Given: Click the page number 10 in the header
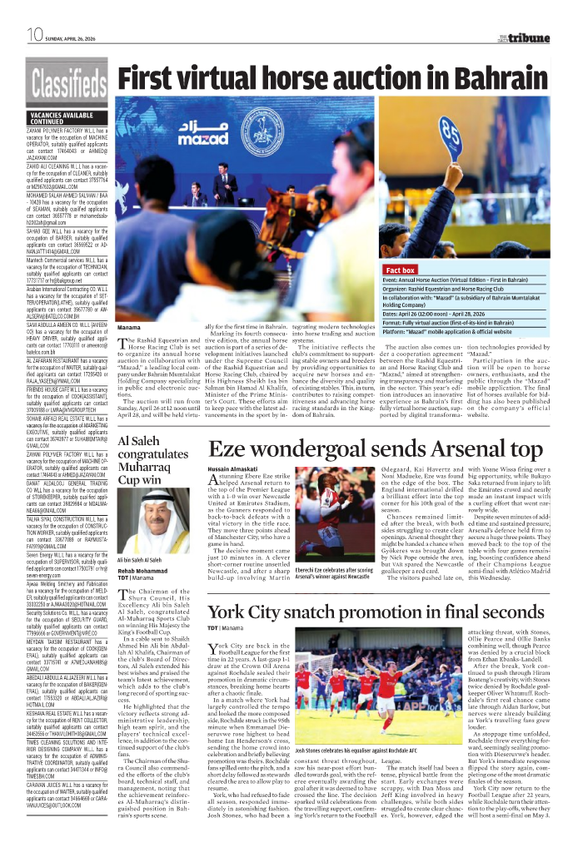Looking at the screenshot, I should click(34, 35).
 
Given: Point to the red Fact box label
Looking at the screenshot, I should click(400, 270).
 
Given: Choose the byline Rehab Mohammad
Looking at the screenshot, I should click(142, 594).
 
